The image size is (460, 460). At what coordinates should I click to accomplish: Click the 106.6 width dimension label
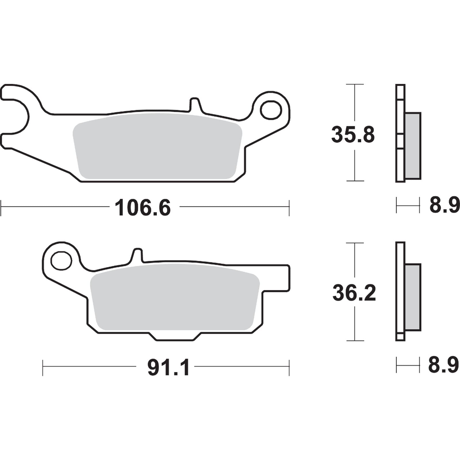[x=143, y=208]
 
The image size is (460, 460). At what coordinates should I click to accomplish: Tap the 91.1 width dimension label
[x=168, y=368]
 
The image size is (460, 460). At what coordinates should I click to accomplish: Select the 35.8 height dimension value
[x=353, y=135]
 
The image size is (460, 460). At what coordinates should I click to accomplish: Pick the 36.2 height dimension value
[x=354, y=293]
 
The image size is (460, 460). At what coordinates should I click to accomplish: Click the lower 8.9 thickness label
[x=443, y=365]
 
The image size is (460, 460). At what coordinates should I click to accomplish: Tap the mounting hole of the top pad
[x=271, y=110]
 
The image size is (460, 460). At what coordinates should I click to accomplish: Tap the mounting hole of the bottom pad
[x=61, y=260]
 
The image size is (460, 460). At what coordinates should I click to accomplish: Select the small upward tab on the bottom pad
[x=138, y=255]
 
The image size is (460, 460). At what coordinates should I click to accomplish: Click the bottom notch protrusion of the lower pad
[x=175, y=337]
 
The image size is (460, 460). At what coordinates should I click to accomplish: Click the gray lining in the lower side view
[x=413, y=297]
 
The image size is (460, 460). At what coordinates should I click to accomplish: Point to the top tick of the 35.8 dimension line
[x=355, y=84]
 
